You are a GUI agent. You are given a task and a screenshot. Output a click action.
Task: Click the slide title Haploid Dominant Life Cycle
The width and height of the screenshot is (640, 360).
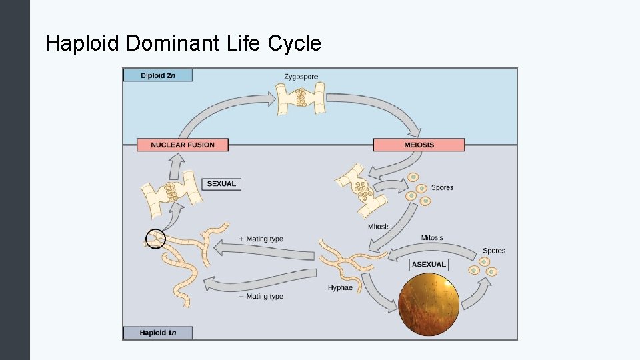(x=183, y=44)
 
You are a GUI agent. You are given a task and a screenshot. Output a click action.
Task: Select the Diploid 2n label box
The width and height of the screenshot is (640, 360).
(x=158, y=75)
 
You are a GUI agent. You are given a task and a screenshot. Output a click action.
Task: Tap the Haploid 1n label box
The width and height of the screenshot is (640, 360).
(x=157, y=332)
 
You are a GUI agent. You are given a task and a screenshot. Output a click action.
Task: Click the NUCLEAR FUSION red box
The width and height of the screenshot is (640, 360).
(x=183, y=145)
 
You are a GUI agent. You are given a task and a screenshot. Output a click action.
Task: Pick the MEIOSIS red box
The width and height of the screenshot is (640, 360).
(x=419, y=145)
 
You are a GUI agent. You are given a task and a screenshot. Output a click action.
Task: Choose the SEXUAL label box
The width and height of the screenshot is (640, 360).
(x=221, y=183)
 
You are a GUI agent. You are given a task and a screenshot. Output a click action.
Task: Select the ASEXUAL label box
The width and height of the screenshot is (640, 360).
(x=428, y=265)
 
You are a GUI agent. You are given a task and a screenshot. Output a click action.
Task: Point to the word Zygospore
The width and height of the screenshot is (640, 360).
(x=301, y=77)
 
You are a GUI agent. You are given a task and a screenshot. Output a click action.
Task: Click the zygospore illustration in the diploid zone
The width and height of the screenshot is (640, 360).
(x=301, y=99)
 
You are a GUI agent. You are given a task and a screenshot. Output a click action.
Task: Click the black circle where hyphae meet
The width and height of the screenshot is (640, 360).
(x=155, y=238)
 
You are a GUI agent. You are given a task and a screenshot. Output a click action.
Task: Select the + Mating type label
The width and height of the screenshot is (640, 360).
(x=261, y=239)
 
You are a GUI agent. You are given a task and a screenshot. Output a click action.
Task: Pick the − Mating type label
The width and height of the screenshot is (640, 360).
(x=261, y=296)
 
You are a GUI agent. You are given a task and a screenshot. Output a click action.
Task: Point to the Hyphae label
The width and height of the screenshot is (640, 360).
(x=340, y=288)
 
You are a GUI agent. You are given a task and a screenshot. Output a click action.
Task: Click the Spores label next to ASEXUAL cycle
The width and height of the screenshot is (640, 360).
(x=494, y=251)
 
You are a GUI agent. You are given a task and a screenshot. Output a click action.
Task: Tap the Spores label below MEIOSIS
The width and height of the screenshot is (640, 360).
(x=442, y=187)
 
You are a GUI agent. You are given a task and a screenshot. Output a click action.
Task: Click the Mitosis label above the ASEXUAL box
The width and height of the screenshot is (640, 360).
(x=432, y=238)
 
